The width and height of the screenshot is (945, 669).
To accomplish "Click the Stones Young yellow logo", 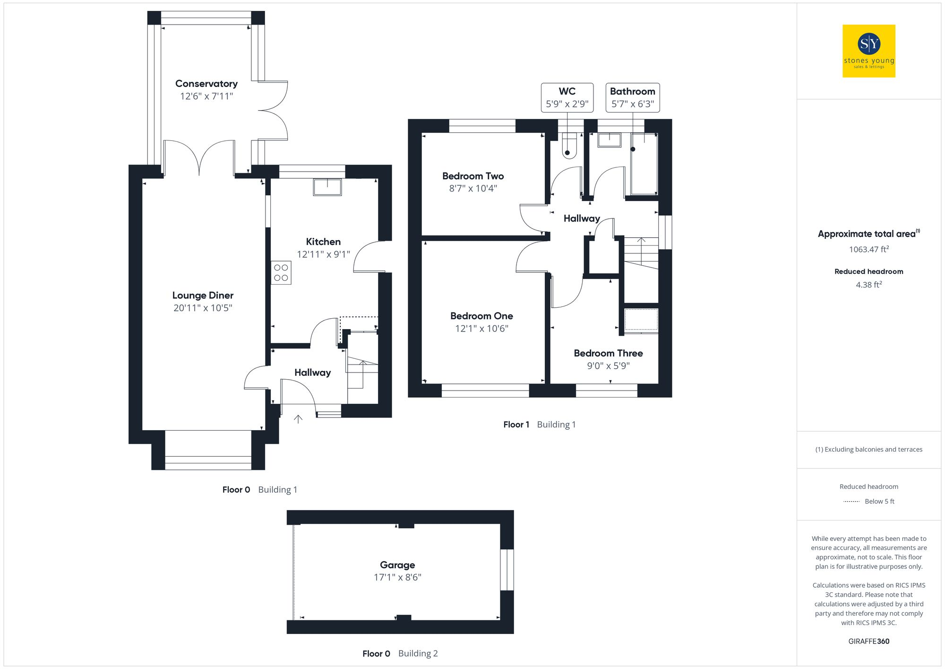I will (868, 51).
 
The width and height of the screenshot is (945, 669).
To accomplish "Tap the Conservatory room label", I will (206, 84).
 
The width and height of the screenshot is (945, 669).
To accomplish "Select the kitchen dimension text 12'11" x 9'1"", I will (323, 254).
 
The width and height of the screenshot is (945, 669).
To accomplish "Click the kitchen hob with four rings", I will (281, 273).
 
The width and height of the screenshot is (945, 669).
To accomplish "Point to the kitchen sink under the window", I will (327, 187).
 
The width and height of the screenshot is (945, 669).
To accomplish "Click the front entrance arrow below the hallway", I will (298, 419).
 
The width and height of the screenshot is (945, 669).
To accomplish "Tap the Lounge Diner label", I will (203, 295).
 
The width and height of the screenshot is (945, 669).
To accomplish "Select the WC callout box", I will (567, 98).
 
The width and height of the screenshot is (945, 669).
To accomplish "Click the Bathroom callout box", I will (632, 98).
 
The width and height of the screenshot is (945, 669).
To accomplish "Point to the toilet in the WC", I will (568, 147).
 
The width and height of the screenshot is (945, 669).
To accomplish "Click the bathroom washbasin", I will (609, 140).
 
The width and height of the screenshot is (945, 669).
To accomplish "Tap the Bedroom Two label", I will (473, 176).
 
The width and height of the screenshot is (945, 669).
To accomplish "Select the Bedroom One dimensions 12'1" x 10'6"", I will (481, 329).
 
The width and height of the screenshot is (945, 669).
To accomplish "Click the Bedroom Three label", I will (608, 353).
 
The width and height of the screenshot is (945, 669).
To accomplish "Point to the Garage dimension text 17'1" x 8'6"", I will (397, 577).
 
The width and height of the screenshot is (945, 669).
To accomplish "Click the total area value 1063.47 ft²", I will (868, 249).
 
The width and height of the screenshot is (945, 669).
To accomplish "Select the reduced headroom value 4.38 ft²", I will (868, 285).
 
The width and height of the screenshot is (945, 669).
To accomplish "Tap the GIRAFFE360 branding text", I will (868, 642).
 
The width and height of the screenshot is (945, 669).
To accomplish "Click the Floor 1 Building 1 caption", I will (539, 425).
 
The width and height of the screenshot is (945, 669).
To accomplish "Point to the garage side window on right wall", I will (507, 570).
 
